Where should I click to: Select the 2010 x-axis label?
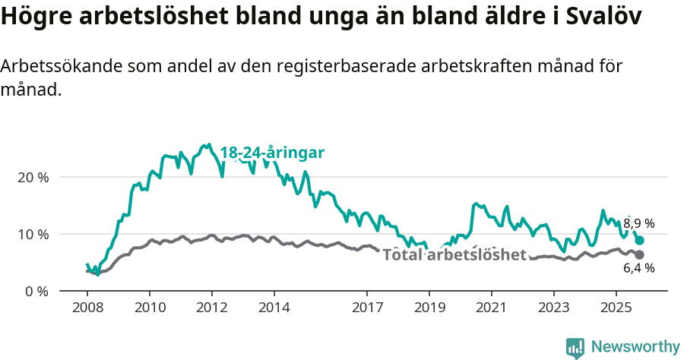pyautogui.click(x=150, y=309)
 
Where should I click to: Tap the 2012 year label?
pyautogui.click(x=211, y=309)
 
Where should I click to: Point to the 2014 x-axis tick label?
pyautogui.click(x=274, y=309)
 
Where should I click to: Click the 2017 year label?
pyautogui.click(x=367, y=309)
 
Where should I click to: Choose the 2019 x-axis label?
pyautogui.click(x=429, y=309)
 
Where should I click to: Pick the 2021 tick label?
pyautogui.click(x=491, y=309)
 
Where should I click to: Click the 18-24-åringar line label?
pyautogui.click(x=272, y=153)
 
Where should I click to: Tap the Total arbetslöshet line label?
pyautogui.click(x=454, y=254)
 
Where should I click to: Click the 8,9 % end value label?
pyautogui.click(x=639, y=224)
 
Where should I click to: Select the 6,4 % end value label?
pyautogui.click(x=639, y=268)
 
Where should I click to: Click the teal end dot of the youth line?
pyautogui.click(x=639, y=240)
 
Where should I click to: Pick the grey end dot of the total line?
pyautogui.click(x=639, y=254)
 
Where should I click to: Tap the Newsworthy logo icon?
pyautogui.click(x=575, y=347)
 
